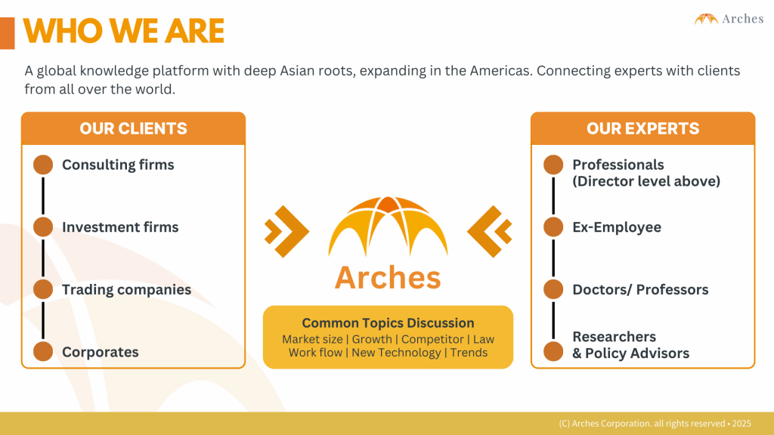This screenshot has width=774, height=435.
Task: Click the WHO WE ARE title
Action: coord(123,31)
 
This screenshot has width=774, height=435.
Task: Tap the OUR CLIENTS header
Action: coord(133,128)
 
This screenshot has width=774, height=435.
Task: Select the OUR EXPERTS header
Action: coord(642,128)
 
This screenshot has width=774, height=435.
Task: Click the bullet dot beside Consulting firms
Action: coord(43,165)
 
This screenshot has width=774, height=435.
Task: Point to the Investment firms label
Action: coord(120,227)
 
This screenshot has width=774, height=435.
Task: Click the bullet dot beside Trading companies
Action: coord(43,289)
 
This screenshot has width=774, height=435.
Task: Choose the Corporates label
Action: coord(101,352)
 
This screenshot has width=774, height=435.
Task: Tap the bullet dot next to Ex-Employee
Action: coord(553,227)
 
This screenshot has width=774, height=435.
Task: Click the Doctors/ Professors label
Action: coord(640,289)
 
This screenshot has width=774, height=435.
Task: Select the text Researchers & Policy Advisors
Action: coord(631,344)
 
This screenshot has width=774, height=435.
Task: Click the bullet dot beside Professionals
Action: coord(553,165)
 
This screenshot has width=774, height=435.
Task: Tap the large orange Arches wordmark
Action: coord(388,278)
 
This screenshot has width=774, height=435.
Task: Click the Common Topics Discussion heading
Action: coord(388,323)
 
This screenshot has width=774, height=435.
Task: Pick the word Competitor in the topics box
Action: coord(432,339)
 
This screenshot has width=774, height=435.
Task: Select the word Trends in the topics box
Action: coord(469,353)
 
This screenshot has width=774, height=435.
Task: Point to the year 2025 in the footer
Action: coord(741,424)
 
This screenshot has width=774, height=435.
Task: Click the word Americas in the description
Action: coord(499,71)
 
